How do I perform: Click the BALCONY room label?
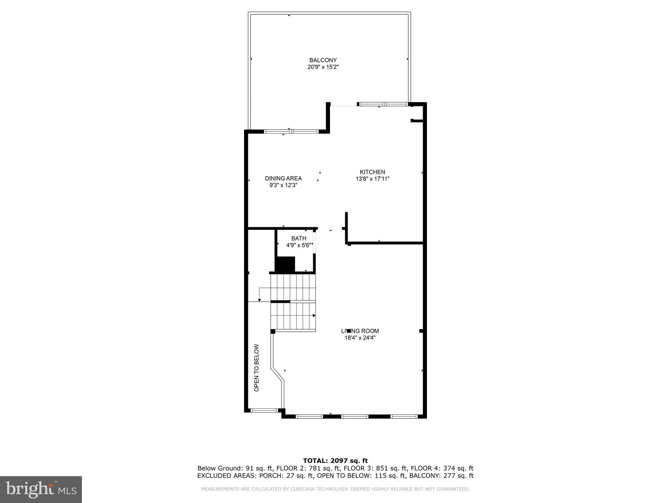323,60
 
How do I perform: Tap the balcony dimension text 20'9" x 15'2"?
323,67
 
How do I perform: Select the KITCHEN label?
372,172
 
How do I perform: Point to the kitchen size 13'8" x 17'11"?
372,179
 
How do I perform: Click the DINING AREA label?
283,178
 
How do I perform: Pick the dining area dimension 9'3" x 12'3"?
283,185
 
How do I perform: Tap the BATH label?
298,238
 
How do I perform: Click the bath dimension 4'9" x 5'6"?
298,245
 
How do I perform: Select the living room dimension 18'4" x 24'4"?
360,338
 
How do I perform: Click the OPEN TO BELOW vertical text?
257,367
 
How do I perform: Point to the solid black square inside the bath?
285,264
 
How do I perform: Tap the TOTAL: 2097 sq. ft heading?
335,461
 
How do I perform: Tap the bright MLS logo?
41,489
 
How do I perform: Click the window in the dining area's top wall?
291,132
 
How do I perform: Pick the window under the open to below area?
264,410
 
